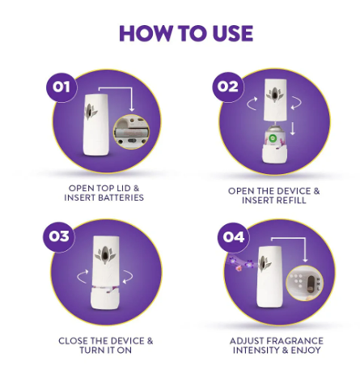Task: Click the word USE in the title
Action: tap(233, 33)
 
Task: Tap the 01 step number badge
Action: tap(61, 87)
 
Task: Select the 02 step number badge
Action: tap(228, 87)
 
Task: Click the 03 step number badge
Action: tap(59, 236)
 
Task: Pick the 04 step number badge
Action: tap(234, 237)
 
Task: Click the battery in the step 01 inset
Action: tap(129, 132)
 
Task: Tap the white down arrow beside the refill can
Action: tap(293, 130)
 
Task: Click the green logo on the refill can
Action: tap(272, 138)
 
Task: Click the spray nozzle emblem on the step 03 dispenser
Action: tap(105, 255)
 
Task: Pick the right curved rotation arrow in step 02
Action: tap(298, 103)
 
